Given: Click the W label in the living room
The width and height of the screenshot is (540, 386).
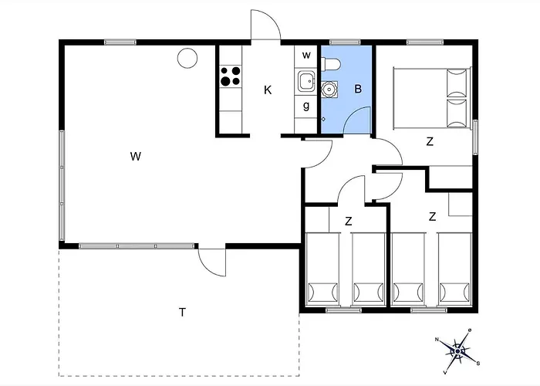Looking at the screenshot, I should (135, 157).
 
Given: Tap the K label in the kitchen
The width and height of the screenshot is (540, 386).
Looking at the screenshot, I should (268, 90).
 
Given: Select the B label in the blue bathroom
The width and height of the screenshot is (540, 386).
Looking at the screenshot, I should (358, 89).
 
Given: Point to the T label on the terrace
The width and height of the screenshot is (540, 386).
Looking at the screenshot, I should (182, 313).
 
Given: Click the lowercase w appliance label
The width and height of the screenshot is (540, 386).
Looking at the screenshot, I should (306, 56).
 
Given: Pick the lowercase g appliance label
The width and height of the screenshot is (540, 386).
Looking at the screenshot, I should (306, 106).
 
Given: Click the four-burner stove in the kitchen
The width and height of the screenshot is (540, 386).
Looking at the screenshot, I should (230, 76).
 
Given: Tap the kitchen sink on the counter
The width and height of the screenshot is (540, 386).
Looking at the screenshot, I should (305, 79).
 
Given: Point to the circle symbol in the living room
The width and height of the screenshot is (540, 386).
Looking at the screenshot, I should (187, 57).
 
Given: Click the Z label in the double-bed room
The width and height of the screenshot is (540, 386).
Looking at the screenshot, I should (430, 141).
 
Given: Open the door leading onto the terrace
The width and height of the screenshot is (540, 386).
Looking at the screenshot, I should (211, 260).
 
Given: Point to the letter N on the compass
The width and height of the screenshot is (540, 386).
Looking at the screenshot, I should (437, 340).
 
